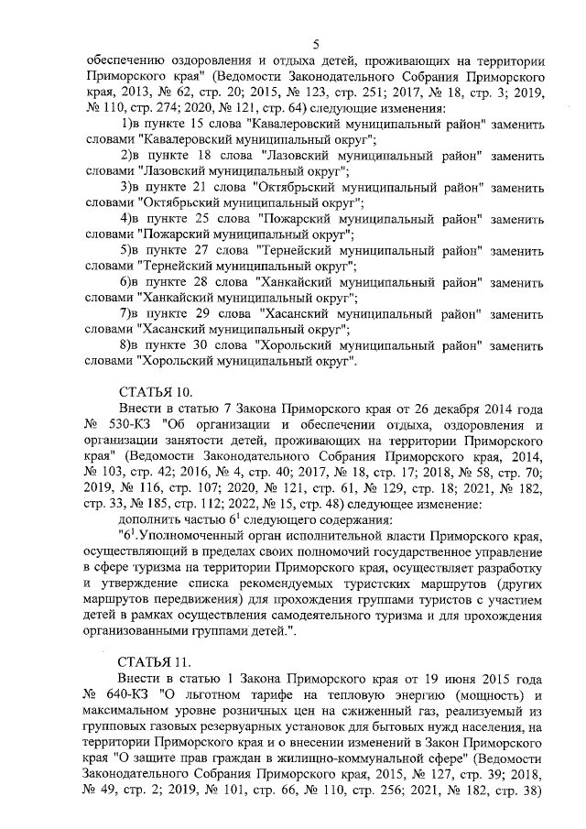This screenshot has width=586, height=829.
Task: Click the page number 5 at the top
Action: click(x=315, y=44)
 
